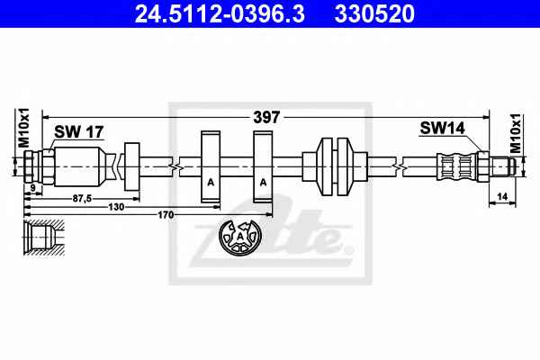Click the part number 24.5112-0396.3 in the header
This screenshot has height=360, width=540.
[220, 14]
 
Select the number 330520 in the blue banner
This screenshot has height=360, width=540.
[374, 14]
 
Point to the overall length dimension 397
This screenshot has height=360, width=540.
[266, 118]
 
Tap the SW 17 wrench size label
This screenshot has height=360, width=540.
[79, 131]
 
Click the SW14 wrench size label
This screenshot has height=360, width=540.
[442, 128]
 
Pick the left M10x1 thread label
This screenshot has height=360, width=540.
[24, 128]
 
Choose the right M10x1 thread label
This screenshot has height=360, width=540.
[517, 132]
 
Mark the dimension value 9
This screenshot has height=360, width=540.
[33, 188]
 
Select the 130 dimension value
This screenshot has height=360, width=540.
[116, 207]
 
